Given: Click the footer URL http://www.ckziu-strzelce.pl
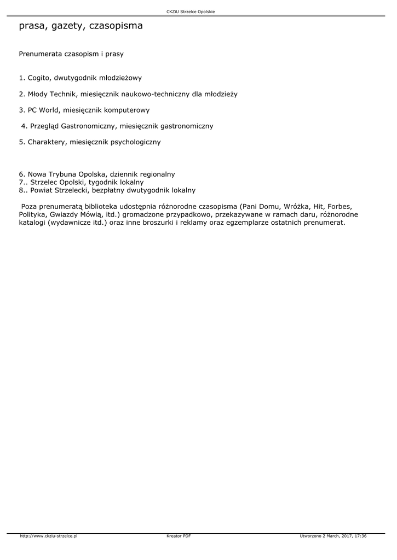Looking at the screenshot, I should click(48, 536).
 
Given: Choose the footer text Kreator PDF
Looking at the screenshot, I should click(179, 536).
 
